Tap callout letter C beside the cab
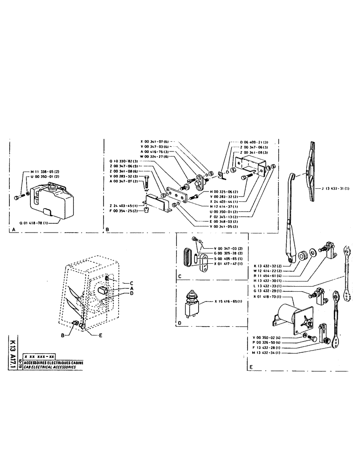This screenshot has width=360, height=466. (132, 283)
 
